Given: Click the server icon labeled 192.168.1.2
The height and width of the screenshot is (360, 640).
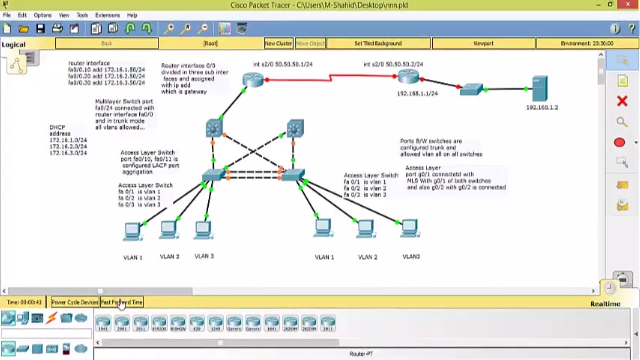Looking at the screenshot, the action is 540,89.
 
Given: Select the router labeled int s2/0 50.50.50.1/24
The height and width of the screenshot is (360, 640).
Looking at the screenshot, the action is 253,79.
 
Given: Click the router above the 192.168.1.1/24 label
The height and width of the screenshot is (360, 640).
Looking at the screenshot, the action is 409,76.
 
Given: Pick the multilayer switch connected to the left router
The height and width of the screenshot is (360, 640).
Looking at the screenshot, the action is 214,128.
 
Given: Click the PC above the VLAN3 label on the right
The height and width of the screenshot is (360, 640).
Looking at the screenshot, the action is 410,228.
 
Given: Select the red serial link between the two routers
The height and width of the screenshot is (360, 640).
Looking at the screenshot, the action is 330,78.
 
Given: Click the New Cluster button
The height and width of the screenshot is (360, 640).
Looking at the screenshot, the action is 278,43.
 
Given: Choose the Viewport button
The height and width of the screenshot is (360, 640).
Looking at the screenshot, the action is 483,43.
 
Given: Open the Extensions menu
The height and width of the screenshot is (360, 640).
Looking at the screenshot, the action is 107,15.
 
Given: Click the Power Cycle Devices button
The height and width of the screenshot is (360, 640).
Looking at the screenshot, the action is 75,302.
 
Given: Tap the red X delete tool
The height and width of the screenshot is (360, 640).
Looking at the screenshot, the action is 622,102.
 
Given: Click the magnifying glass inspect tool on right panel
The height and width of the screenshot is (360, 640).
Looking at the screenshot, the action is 622,122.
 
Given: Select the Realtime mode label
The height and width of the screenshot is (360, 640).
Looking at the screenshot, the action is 605,304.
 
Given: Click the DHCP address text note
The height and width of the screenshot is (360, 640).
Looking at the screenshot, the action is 68,140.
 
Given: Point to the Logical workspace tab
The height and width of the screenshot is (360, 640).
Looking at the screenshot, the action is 13,44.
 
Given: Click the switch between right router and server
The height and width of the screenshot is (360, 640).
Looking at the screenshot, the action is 471,89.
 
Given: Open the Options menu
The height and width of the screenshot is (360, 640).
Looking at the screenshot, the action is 43,15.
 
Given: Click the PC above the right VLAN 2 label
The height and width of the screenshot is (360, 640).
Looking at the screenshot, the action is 366,228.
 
